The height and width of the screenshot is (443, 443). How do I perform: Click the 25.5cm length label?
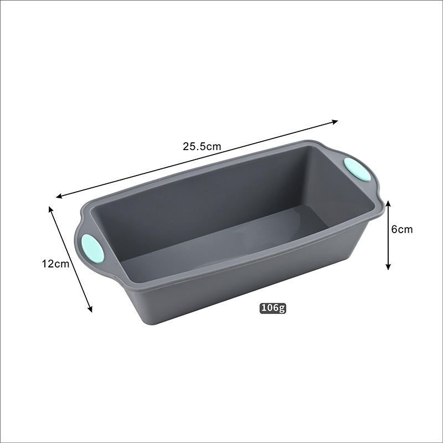[x=202, y=146]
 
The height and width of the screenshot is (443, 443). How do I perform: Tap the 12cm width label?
[x=56, y=264]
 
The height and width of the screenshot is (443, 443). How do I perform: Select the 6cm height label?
[x=402, y=229]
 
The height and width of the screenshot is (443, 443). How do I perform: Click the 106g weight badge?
[x=272, y=308]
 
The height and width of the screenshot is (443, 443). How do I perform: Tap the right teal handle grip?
[x=357, y=169]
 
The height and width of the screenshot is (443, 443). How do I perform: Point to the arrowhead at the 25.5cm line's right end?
[x=335, y=122]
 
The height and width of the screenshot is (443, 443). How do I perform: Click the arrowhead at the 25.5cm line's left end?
[x=59, y=196]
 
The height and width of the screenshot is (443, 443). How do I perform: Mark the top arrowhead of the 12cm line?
[x=51, y=209]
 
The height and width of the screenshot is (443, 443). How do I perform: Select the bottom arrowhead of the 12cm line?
[x=90, y=309]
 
